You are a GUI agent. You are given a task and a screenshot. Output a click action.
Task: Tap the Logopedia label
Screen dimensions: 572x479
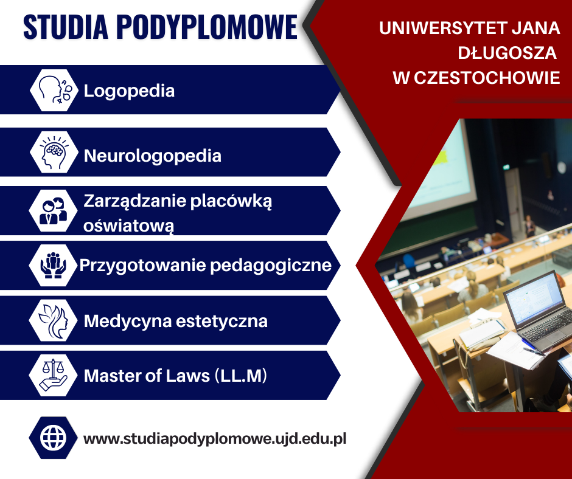129,91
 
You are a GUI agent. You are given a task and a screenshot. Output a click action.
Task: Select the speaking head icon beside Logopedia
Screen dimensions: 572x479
54,90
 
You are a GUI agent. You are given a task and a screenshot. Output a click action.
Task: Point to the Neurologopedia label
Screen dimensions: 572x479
153,156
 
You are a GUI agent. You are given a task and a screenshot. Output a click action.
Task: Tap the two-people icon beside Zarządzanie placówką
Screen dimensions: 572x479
54,211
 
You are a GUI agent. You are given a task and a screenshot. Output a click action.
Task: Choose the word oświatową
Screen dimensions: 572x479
128,226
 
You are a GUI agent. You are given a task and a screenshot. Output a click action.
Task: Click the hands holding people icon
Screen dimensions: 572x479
54,266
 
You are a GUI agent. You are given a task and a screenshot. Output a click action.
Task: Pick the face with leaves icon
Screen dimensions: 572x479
54,320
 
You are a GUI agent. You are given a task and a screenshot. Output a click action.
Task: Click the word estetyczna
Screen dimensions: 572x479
221,321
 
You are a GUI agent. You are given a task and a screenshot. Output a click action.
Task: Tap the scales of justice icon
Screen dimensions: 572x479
54,376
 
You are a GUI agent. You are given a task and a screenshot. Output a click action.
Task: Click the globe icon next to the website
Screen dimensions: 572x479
54,438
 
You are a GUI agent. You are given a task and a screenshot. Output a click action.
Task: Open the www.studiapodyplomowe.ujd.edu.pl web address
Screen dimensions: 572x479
215,439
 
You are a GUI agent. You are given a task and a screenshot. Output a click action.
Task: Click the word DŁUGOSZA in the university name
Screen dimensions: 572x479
507,53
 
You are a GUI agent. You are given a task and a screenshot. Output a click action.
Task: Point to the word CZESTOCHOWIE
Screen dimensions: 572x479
487,78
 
